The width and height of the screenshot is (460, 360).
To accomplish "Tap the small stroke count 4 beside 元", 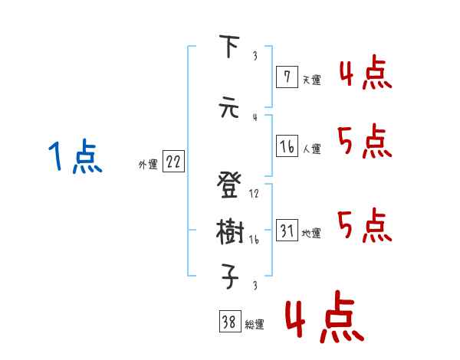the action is pos(254,117).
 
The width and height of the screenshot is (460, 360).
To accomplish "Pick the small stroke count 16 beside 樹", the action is pos(255,240).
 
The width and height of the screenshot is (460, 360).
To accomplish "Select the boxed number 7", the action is pos(287,77).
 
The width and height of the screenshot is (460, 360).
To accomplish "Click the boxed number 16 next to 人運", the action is pos(287,146).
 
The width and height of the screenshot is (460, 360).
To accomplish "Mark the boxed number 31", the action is pos(287,231).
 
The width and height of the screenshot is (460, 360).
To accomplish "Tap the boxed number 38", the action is pos(229,323).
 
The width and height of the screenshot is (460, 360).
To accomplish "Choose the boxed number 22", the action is pos(173,161).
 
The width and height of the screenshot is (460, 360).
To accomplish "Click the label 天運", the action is pos(311,80).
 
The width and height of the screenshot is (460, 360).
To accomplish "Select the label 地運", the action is pos(311,234).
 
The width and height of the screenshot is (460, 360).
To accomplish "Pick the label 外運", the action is pos(147,164).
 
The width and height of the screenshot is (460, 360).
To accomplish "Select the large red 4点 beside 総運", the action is pos(323,319).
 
